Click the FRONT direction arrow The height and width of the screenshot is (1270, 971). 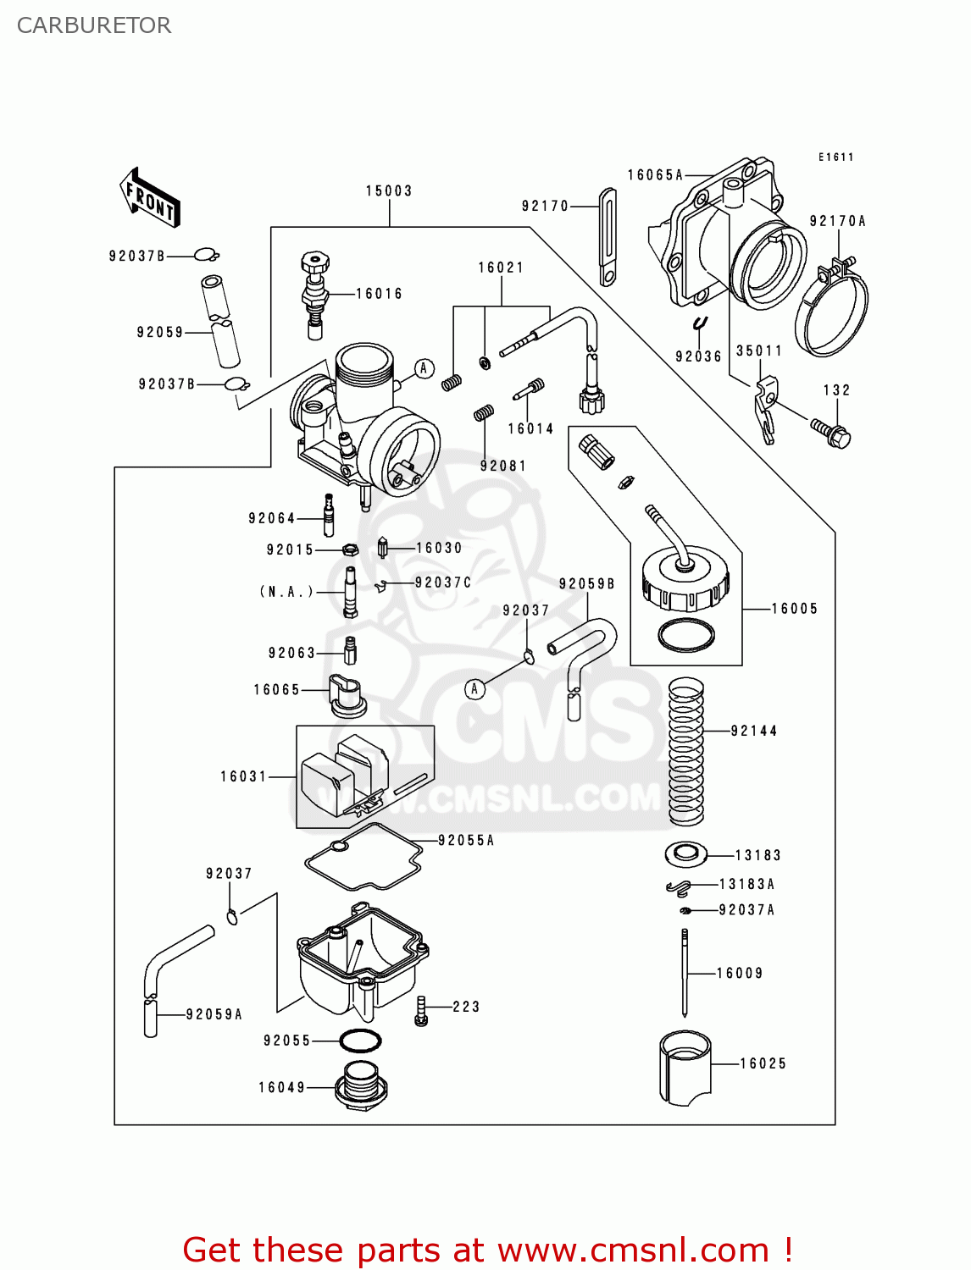[150, 197]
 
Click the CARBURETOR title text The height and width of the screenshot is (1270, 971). [94, 25]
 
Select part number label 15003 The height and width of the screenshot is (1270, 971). [389, 191]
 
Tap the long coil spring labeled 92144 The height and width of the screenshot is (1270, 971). [685, 752]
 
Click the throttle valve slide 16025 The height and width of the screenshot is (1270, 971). [685, 1068]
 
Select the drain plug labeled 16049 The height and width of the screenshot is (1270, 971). [362, 1085]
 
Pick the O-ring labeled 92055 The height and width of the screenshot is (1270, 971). [360, 1041]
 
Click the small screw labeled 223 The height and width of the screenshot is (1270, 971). [421, 1010]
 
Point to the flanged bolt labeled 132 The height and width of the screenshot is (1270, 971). [830, 431]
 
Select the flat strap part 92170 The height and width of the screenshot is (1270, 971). [608, 237]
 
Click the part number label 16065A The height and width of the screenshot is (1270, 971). [655, 175]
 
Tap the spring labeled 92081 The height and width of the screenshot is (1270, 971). [484, 413]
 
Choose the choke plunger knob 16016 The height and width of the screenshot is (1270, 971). [315, 293]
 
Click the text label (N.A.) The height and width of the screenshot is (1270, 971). [286, 592]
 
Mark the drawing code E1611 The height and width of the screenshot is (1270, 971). [835, 157]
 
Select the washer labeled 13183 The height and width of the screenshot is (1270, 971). [685, 854]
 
